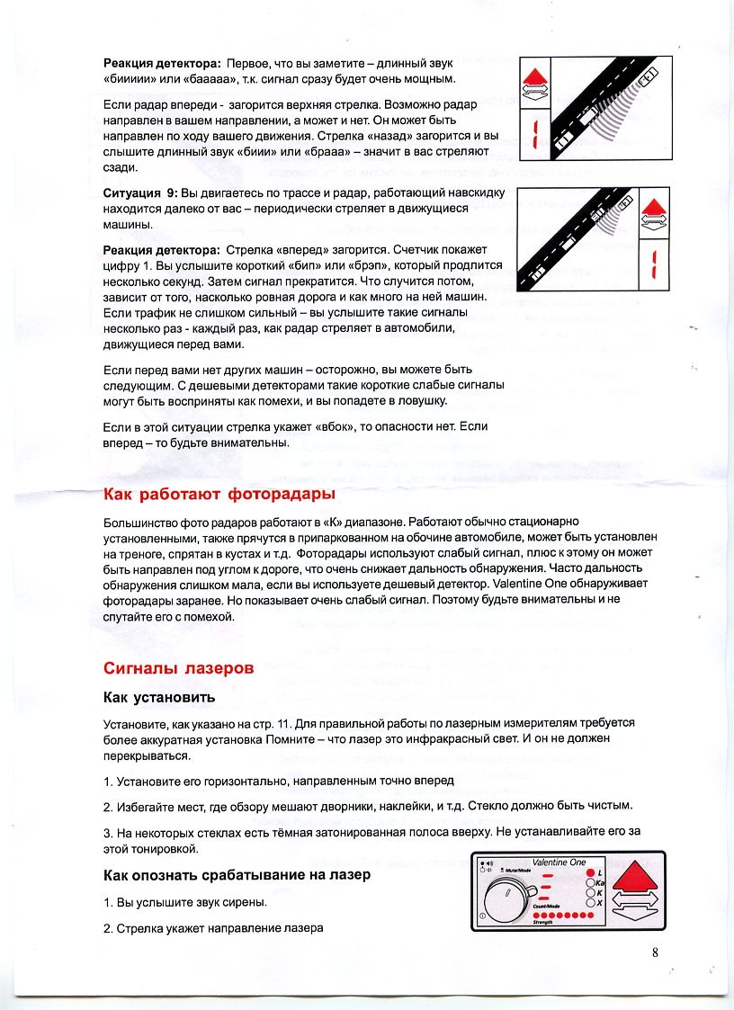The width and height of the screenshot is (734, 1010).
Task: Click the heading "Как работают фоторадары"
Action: coord(219,495)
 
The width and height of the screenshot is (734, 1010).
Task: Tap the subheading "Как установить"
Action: coord(159,698)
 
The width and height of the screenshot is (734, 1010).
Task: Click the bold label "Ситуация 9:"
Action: coord(140,193)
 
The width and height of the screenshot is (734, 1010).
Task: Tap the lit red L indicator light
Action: coord(591,873)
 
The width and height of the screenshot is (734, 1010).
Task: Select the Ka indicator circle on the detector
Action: coord(591,883)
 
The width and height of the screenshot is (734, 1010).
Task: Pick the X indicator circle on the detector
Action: coord(591,902)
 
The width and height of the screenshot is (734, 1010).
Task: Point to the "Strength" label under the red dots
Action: coord(543,922)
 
